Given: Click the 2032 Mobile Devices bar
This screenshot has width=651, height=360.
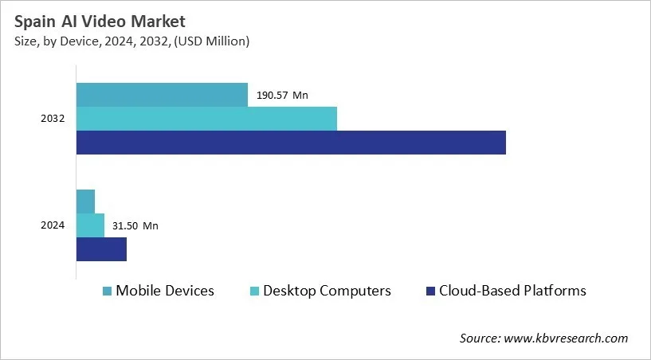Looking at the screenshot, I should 162,95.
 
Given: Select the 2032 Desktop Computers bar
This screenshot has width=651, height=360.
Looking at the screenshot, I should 206,119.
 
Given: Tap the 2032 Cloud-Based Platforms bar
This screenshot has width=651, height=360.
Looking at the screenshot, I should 291,143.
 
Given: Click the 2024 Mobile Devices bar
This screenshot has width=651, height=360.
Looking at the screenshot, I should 85,202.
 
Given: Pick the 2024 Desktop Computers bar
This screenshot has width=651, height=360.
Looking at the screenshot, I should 90,225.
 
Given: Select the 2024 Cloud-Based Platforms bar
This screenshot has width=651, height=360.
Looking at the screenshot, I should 101,249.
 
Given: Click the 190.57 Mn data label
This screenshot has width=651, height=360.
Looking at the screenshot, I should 282,96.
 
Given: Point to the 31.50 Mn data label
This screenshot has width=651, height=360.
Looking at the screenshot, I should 135,226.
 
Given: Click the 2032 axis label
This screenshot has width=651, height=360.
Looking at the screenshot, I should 53,119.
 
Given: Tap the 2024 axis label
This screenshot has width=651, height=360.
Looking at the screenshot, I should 53,225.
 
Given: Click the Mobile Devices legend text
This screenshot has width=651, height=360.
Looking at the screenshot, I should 165,291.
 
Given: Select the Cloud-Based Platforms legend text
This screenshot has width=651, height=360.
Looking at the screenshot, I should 512,291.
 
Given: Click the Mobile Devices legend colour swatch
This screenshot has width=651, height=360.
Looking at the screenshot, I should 107,292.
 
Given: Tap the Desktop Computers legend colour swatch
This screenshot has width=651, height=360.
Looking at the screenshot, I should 255,292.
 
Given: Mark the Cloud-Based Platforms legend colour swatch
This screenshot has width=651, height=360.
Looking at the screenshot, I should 430,292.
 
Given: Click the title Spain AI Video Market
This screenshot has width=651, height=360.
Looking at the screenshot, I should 98,22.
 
